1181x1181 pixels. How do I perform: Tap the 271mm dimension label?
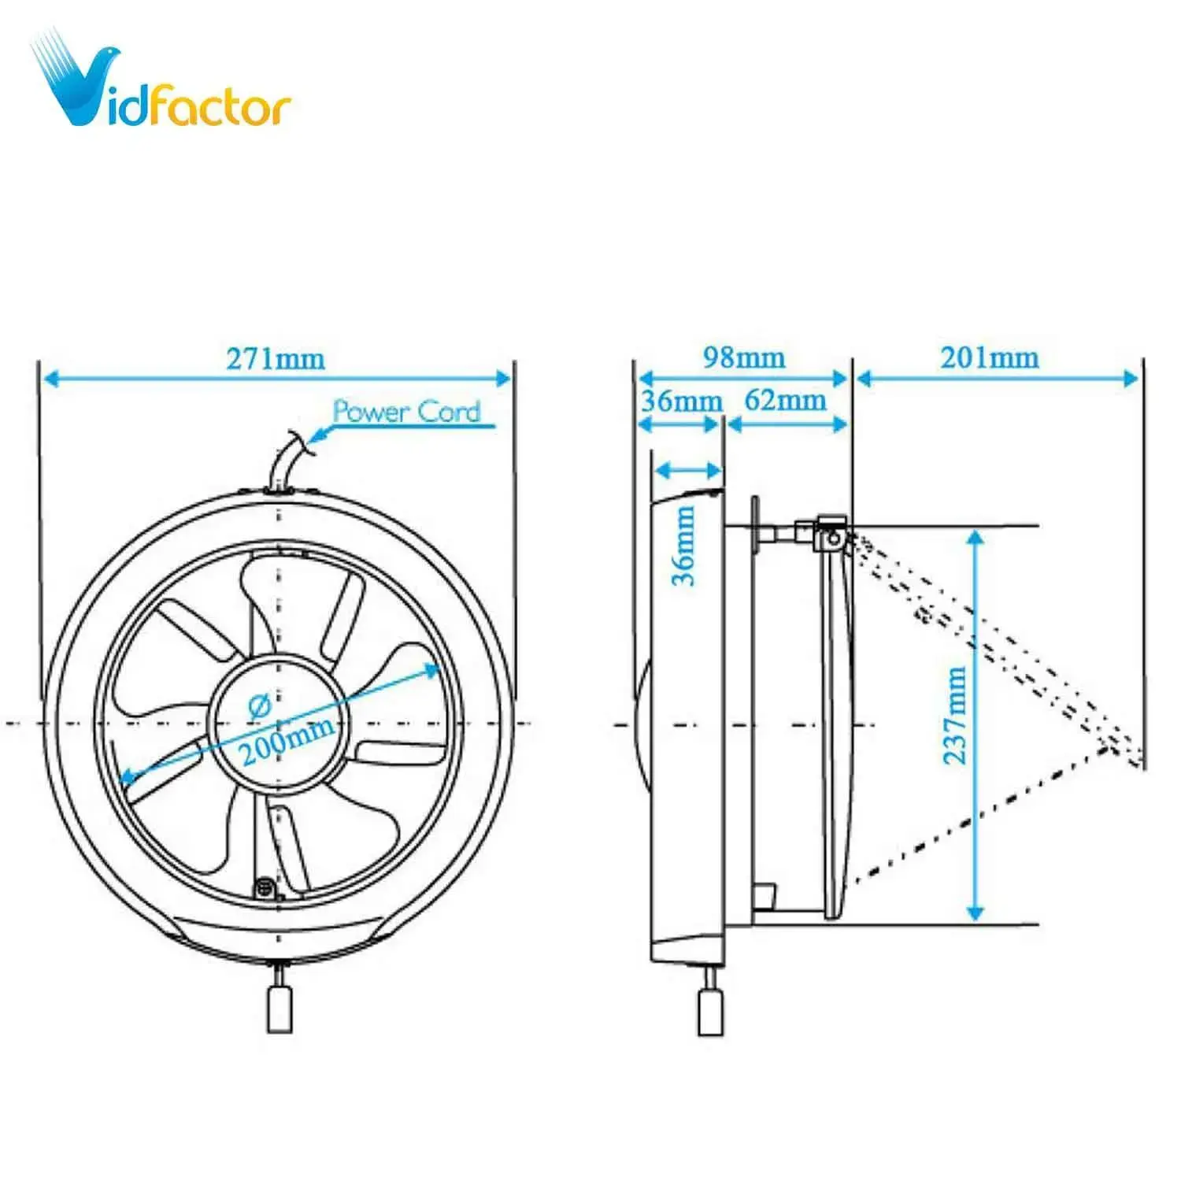point(276,359)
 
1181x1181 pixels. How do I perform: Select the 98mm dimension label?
point(744,357)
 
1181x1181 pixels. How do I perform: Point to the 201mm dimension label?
point(990,357)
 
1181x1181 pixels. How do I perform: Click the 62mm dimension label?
point(785,400)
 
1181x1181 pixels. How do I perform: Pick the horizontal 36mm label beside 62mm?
point(681,401)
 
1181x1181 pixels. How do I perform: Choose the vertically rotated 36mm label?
point(683,545)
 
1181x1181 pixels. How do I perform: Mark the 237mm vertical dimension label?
point(955,715)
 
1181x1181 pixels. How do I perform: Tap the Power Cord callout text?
point(406,411)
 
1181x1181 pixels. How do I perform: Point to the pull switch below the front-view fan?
point(280,1008)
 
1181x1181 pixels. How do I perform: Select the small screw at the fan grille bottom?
point(265,888)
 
